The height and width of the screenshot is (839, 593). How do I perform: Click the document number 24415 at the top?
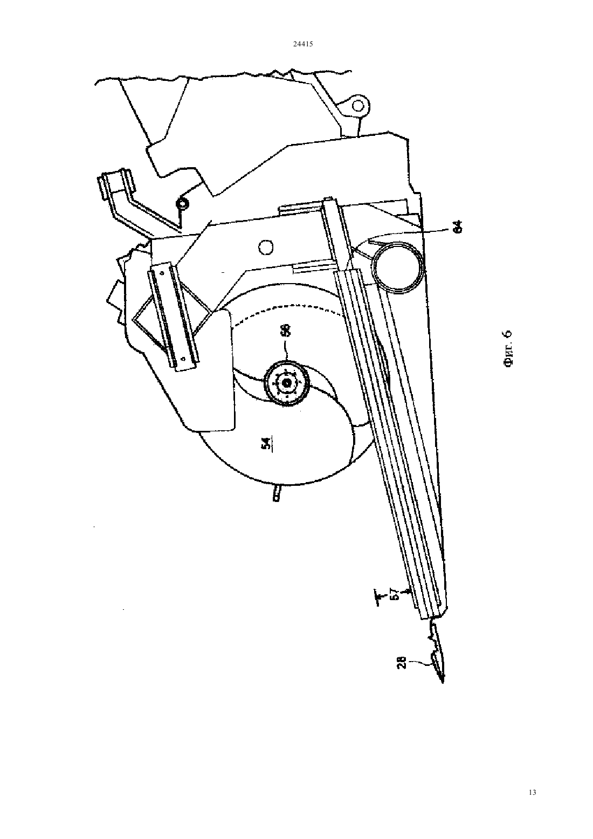[302, 44]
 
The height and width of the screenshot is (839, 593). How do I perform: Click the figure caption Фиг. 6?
[507, 348]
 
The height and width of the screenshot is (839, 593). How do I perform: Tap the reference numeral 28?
[402, 663]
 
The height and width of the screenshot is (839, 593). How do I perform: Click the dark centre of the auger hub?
[287, 383]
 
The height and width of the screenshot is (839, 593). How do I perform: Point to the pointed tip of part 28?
[443, 683]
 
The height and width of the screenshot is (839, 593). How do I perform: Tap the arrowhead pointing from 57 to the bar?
[409, 594]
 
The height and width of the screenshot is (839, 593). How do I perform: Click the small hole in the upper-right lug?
[358, 106]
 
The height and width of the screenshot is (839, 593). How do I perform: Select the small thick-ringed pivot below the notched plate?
[183, 204]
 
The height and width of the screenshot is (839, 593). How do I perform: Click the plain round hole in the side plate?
[266, 246]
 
